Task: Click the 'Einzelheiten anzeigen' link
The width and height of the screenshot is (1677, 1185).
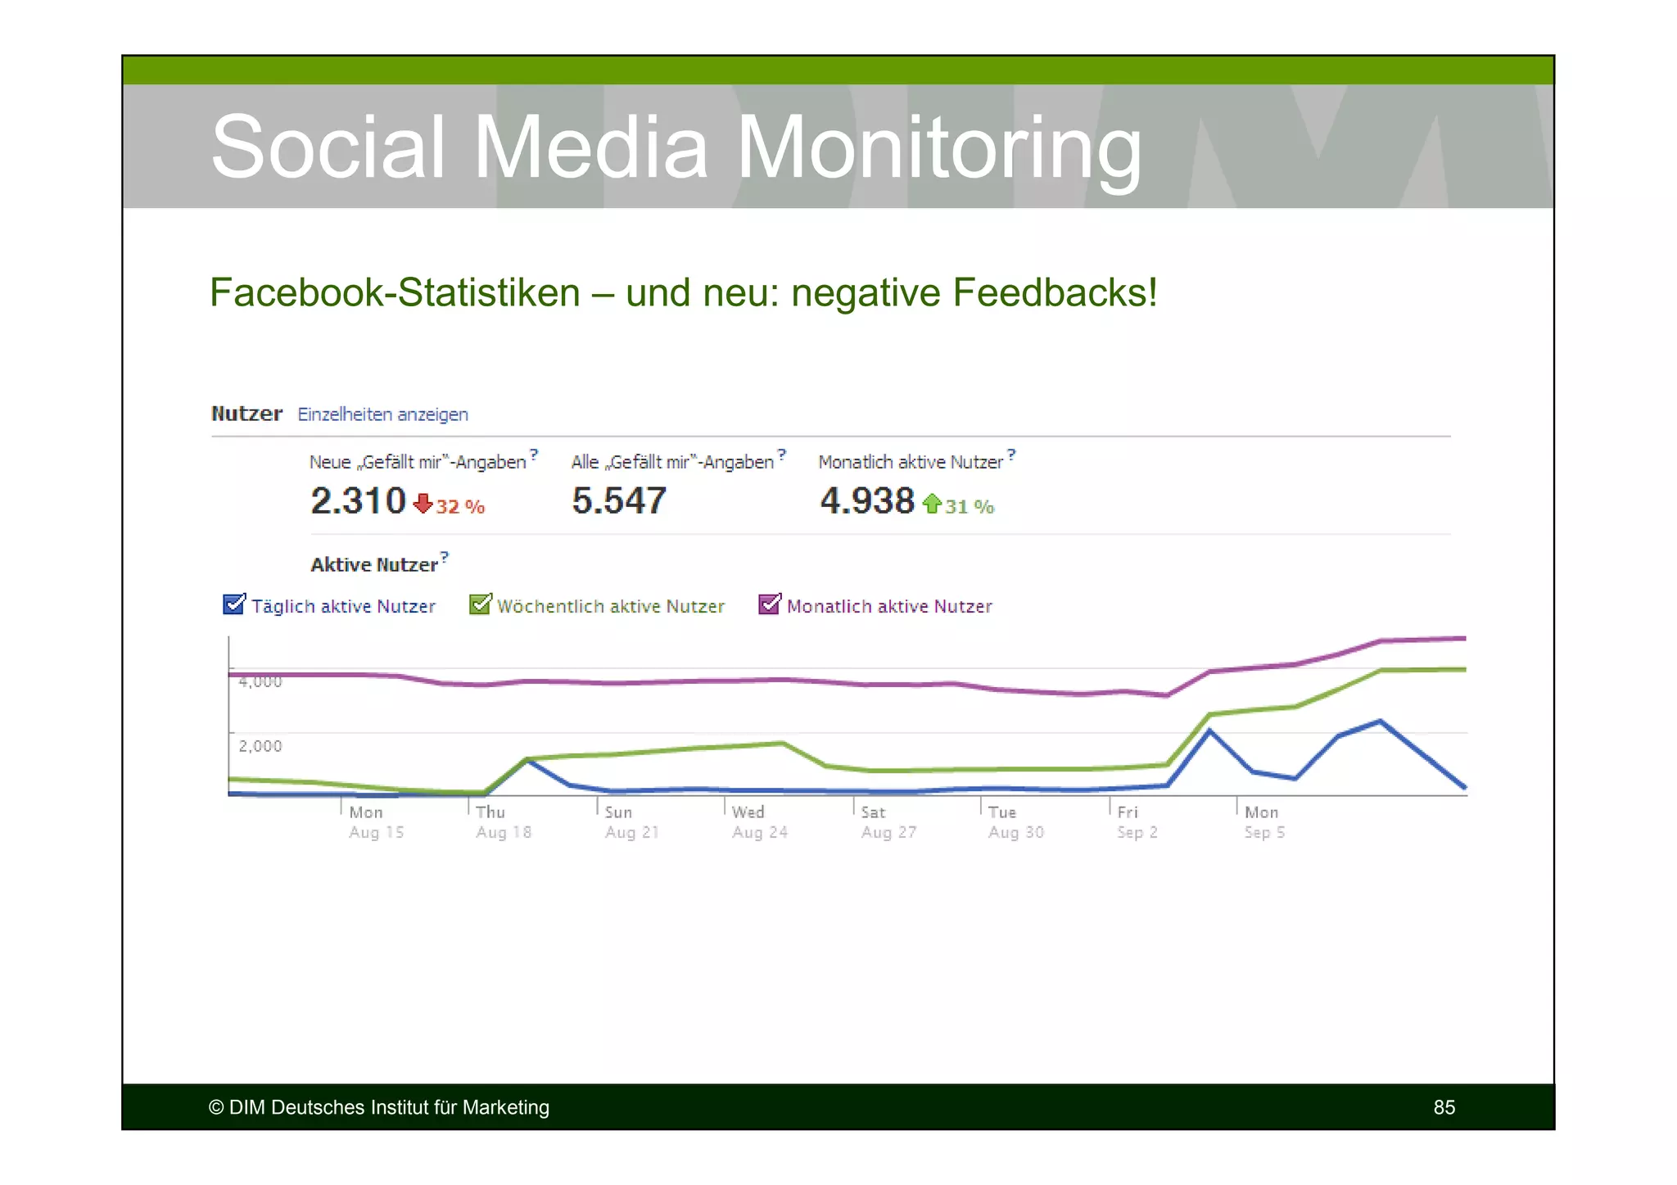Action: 382,414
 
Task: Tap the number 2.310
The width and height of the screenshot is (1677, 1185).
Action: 358,500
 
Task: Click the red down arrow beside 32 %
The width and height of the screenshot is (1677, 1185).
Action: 423,503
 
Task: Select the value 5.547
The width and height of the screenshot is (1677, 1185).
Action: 619,500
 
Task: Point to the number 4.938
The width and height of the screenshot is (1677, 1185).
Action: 867,500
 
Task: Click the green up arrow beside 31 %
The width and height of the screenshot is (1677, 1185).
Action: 932,503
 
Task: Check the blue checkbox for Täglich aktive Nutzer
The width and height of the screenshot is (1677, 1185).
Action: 233,604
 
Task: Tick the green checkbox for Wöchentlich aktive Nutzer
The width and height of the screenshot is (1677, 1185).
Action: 480,604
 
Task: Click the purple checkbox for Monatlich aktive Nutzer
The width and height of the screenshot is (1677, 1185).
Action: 769,604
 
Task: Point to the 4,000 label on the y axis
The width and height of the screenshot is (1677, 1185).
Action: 260,681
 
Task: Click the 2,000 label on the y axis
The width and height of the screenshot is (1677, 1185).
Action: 260,746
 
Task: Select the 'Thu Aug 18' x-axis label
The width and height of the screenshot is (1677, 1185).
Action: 503,822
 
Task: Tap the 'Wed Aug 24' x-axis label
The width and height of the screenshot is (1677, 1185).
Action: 759,822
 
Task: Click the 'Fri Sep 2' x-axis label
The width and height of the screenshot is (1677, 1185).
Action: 1137,822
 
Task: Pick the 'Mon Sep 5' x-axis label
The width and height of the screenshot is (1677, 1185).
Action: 1264,822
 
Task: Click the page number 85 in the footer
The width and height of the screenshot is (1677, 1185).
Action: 1444,1107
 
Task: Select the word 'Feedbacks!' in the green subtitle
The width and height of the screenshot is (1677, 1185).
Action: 1055,292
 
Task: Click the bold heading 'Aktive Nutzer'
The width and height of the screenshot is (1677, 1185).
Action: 374,565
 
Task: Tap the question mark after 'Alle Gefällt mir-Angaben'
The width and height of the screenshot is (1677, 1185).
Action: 781,453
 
